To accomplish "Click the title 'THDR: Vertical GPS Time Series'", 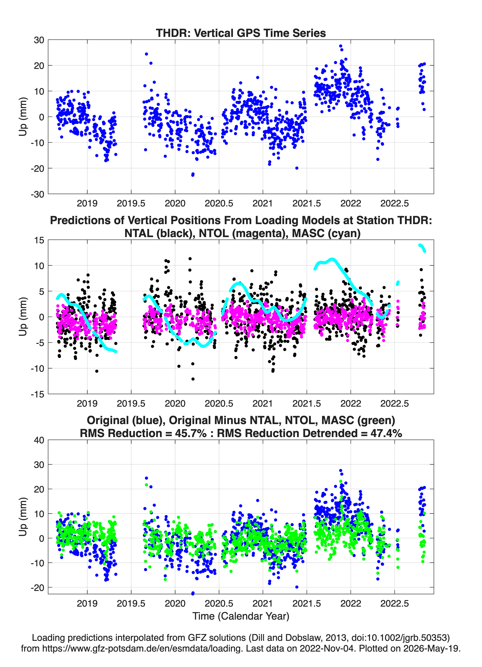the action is (241, 33).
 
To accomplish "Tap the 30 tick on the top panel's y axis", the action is (39, 40).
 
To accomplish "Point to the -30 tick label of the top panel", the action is (37, 194).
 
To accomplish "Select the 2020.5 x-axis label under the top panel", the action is (219, 203).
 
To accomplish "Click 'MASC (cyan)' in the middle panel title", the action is (326, 233).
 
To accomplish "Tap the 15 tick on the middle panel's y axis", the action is (39, 240).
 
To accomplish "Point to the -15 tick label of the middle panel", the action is (37, 394).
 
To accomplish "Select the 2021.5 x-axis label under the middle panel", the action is (307, 404).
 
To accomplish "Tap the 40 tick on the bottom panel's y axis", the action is (39, 440).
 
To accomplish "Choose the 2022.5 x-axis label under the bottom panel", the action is (395, 603).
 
